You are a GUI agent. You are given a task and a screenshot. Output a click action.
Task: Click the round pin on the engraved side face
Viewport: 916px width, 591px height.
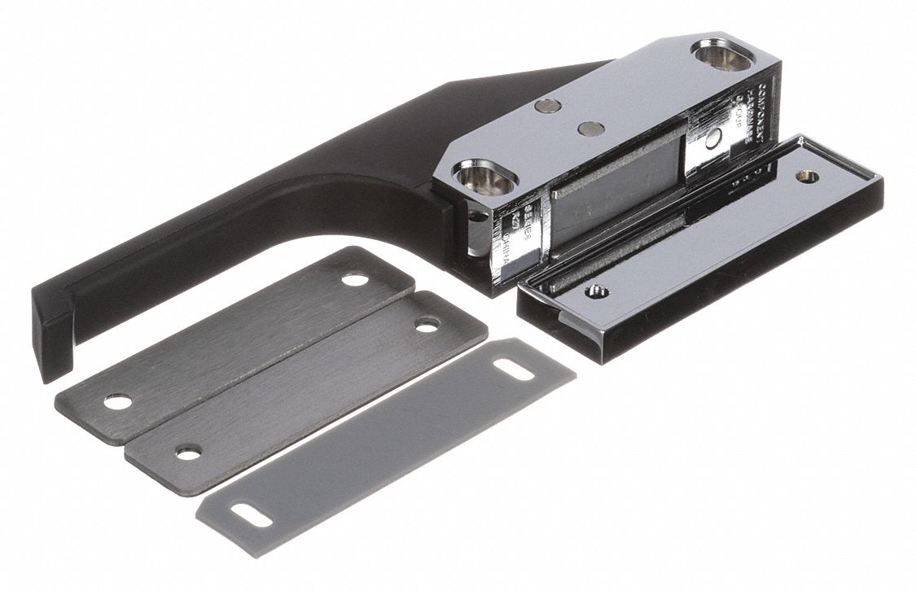[713, 139]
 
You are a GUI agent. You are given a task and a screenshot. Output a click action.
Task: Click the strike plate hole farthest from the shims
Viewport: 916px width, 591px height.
[808, 176]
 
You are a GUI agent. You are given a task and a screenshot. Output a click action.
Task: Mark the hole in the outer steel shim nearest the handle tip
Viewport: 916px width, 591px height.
[117, 402]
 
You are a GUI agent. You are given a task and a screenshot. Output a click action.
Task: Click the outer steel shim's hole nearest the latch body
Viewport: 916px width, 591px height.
[355, 280]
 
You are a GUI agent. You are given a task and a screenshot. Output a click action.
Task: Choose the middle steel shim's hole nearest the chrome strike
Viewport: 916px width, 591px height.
[427, 325]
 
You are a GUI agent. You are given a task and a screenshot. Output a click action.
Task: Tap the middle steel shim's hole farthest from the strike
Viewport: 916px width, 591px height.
[189, 453]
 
